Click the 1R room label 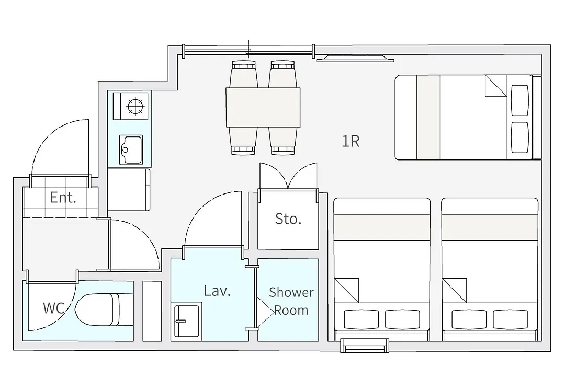tap(351, 141)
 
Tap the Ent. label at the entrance tap(63, 198)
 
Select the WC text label tap(54, 308)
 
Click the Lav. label tap(217, 291)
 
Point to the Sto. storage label tap(288, 219)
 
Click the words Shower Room tap(291, 301)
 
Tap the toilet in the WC tap(97, 310)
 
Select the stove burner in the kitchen tap(135, 106)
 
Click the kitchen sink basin tap(131, 150)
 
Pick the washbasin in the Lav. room tap(187, 321)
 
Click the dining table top tap(263, 107)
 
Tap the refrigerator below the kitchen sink tap(129, 189)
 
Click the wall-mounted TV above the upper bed tap(355, 58)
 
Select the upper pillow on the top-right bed tap(520, 100)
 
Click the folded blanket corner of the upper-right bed tap(496, 86)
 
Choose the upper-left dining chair tap(244, 74)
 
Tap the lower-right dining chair tap(283, 141)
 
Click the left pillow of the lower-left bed tap(361, 319)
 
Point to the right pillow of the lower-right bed tap(510, 319)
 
